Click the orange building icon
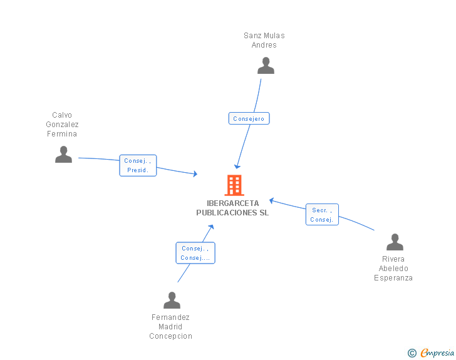click(x=234, y=185)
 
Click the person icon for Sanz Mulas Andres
click(x=266, y=66)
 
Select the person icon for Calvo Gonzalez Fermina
click(x=63, y=155)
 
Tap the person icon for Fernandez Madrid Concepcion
click(x=172, y=300)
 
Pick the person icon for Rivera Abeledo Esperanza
click(x=395, y=242)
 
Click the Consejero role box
click(x=249, y=118)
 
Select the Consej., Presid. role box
click(x=138, y=165)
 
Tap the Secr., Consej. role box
click(x=322, y=214)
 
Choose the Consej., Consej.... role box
click(x=195, y=253)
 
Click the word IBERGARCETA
click(x=232, y=203)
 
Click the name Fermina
click(x=62, y=134)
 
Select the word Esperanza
click(x=393, y=278)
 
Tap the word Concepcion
click(x=171, y=336)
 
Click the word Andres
click(x=264, y=45)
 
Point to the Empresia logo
click(x=437, y=352)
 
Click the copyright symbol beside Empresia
click(x=412, y=353)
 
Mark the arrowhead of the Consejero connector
click(x=237, y=167)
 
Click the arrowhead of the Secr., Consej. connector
click(x=272, y=200)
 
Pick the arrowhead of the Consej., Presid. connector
click(x=195, y=174)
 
